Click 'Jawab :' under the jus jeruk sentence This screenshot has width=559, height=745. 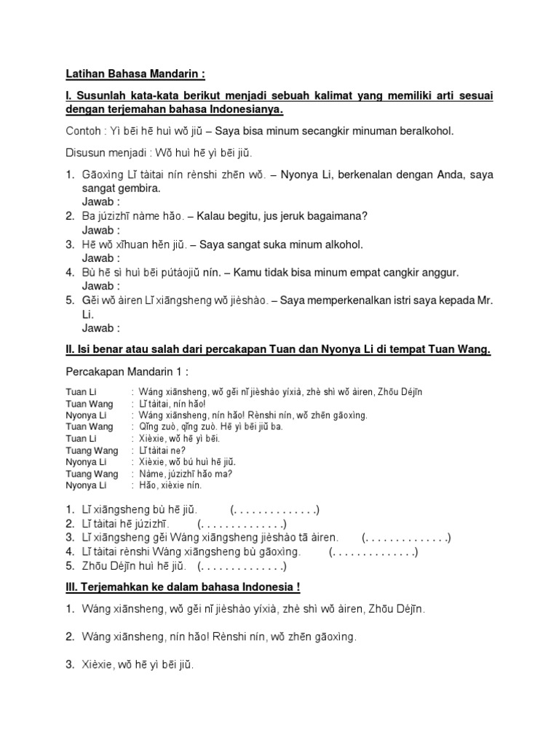[x=100, y=230]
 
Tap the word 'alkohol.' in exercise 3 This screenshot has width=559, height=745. [x=341, y=244]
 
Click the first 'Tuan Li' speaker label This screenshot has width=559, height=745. [x=81, y=392]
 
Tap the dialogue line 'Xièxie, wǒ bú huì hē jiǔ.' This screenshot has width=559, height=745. [x=183, y=462]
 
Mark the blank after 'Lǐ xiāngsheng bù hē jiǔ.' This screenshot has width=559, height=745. [x=274, y=509]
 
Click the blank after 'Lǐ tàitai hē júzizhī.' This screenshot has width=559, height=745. [x=242, y=523]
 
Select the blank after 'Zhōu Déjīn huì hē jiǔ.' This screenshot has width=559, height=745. [x=242, y=565]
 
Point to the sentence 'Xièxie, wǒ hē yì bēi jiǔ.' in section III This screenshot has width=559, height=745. [x=138, y=664]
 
